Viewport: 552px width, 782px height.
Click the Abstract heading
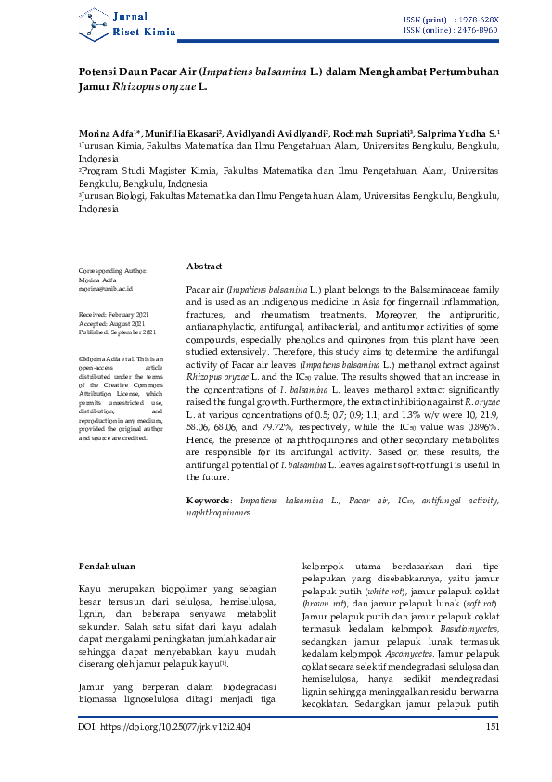coord(204,266)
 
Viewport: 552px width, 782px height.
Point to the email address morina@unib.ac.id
coord(108,289)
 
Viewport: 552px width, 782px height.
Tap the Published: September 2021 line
coord(116,332)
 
